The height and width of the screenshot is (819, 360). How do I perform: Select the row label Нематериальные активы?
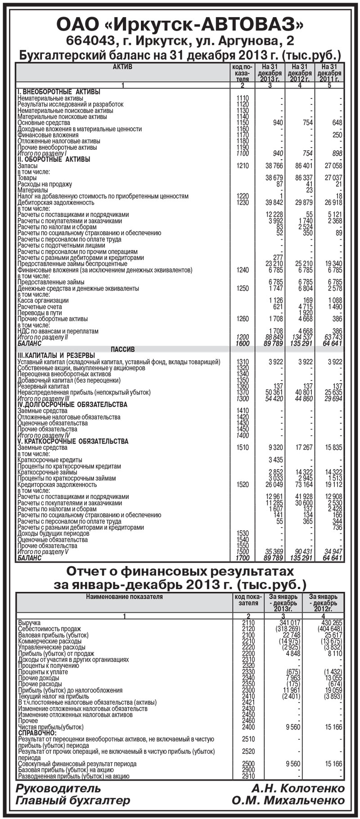50,98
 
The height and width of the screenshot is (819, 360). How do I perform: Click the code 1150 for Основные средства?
242,123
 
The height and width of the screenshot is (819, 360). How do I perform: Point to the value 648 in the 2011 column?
335,123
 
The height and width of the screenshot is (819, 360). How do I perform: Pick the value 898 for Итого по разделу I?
335,153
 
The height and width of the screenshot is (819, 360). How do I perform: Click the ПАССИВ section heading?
123,349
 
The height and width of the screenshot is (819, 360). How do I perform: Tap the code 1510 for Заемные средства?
242,448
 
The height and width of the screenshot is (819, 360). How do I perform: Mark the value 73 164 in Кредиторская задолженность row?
303,485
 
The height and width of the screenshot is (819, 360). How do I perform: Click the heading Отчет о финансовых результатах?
180,572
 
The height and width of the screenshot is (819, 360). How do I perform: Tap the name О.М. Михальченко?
288,800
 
